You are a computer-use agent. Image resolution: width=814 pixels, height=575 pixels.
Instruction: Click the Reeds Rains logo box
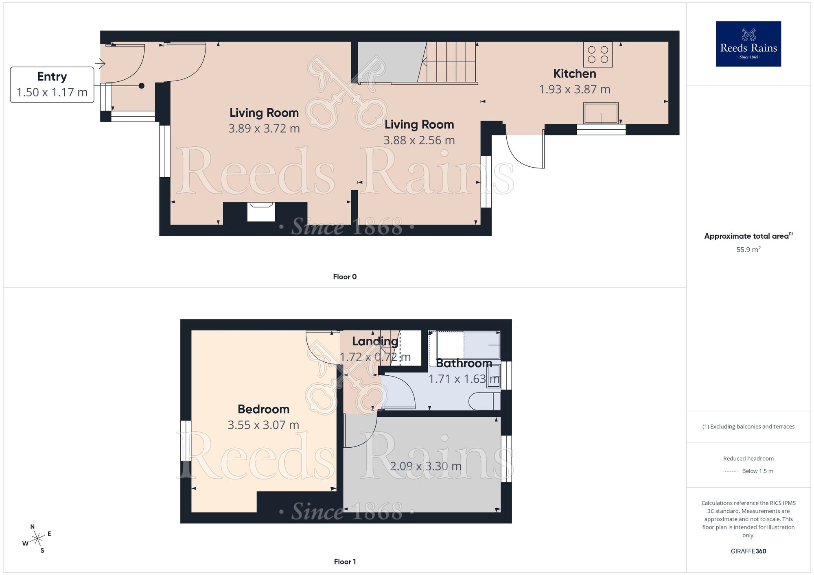(x=748, y=44)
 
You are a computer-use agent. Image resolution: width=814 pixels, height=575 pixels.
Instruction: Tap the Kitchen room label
(x=574, y=74)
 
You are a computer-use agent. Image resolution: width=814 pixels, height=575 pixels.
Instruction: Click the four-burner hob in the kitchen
(x=597, y=54)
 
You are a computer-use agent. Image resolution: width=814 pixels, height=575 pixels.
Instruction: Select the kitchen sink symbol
(x=601, y=113)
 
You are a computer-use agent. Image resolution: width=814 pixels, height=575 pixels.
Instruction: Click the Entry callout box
(x=52, y=85)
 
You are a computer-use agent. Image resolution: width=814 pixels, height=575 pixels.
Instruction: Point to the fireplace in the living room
(x=261, y=212)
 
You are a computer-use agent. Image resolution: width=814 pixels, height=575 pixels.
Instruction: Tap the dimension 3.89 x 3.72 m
(x=264, y=129)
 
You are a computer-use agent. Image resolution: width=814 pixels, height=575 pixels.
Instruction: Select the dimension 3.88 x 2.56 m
(x=419, y=140)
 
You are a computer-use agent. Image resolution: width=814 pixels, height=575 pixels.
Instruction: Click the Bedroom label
(x=263, y=409)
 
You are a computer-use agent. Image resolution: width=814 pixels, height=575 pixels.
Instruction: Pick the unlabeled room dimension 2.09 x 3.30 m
(x=425, y=466)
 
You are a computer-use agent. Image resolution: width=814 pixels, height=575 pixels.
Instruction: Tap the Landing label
(x=375, y=341)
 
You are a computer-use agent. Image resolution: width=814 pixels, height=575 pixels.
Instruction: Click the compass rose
(x=37, y=539)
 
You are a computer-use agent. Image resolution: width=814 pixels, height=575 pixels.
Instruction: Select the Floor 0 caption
(x=344, y=277)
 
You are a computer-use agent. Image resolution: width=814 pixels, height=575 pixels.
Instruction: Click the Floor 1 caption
(x=344, y=562)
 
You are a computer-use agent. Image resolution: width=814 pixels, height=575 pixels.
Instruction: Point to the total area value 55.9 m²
(x=748, y=250)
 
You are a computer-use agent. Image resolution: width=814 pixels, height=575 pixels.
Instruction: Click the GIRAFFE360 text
(x=748, y=551)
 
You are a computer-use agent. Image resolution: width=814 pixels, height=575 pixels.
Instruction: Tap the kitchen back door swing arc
(x=521, y=157)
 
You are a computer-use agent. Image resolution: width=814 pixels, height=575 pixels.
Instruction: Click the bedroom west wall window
(x=186, y=440)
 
